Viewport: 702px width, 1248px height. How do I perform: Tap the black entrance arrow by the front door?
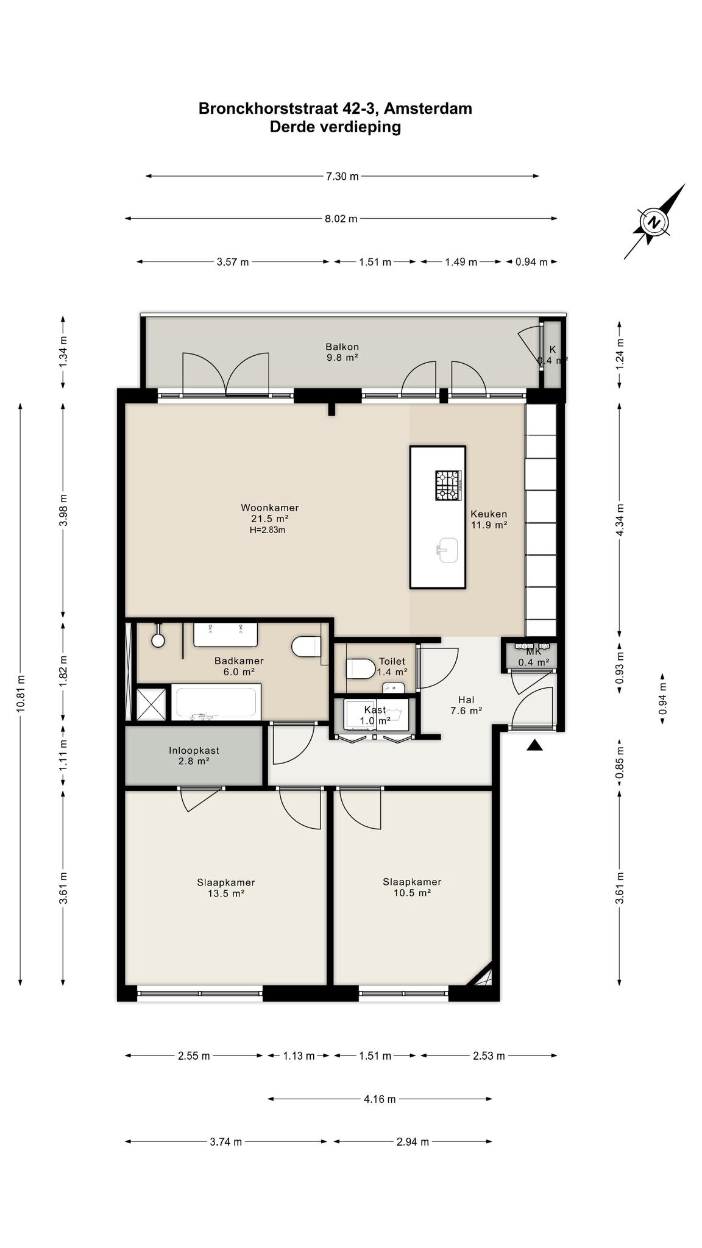534,745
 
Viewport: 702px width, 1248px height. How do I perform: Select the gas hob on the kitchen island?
449,486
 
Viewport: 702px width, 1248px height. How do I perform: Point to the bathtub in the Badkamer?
216,703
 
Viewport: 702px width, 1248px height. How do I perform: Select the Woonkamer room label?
270,508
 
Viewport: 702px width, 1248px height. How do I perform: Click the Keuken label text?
489,514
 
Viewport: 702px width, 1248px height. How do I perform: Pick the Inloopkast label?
194,751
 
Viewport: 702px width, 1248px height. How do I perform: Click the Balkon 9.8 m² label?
342,352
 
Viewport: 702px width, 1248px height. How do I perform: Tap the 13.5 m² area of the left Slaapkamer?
226,893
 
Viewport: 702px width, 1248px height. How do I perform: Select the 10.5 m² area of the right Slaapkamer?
412,893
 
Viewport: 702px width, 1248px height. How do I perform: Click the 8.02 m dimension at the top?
341,219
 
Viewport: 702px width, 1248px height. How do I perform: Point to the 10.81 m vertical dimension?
21,693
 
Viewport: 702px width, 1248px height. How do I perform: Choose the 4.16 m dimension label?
380,1099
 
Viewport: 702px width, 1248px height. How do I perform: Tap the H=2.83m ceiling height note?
267,530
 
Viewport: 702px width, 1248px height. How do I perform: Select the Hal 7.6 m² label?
466,705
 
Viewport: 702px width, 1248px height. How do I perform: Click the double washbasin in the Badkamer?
225,634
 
